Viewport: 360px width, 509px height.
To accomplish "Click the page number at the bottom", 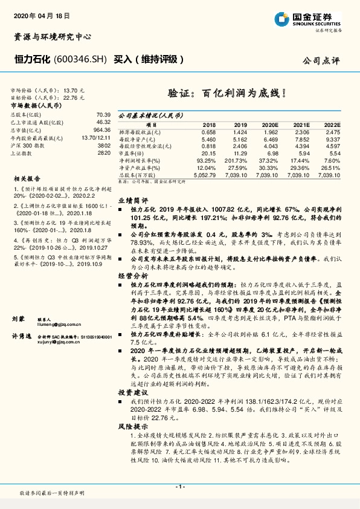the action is click(179, 487).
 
